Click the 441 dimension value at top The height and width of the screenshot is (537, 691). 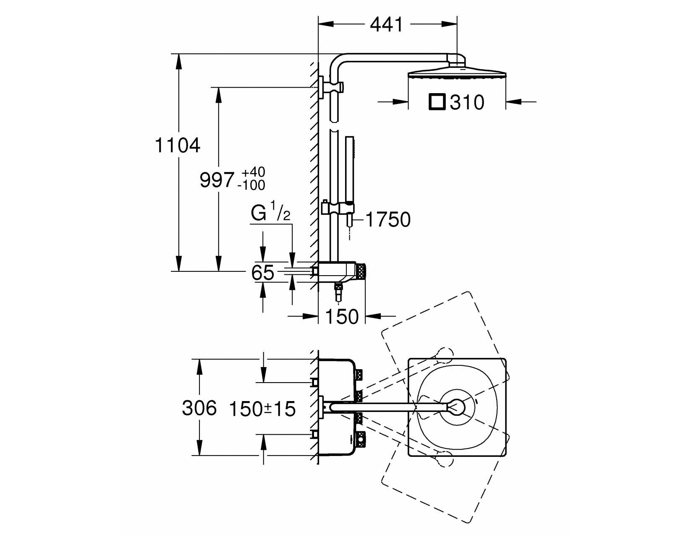[x=386, y=24]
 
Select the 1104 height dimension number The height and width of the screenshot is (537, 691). [x=178, y=146]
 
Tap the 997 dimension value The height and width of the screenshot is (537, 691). [x=217, y=180]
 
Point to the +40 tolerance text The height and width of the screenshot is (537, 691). [x=254, y=172]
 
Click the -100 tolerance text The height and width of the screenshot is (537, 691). [x=251, y=185]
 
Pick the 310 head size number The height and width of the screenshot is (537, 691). [x=466, y=103]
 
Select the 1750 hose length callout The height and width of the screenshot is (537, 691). [x=388, y=219]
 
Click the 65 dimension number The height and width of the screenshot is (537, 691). [x=263, y=272]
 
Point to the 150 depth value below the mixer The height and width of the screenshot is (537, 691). [x=342, y=316]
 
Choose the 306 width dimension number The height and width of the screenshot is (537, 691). [x=199, y=408]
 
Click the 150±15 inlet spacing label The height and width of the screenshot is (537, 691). [x=263, y=409]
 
